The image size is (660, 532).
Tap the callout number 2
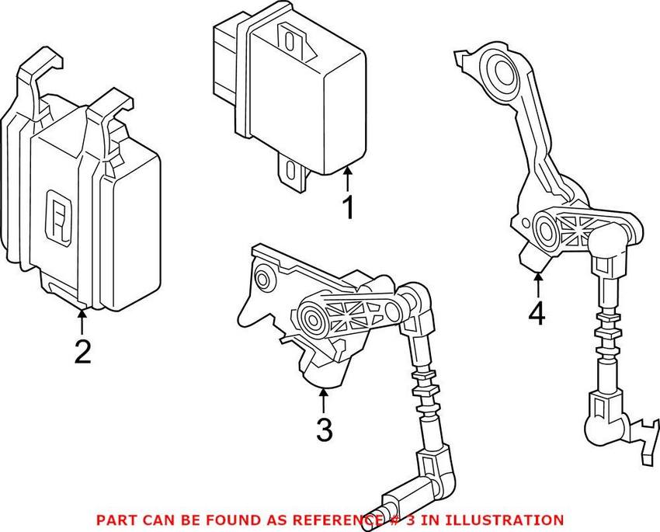pos(82,351)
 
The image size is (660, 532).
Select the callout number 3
pos(325,429)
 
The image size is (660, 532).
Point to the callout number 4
pos(537,314)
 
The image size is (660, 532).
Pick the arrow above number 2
pos(82,321)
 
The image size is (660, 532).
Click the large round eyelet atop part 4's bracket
pos(494,72)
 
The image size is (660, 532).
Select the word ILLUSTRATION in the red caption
pos(509,520)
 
